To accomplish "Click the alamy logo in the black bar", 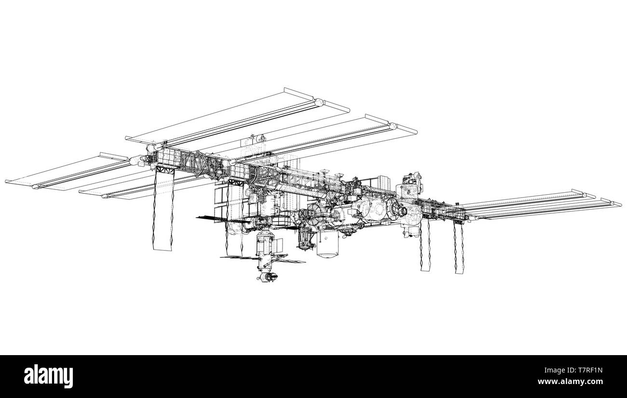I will click(x=48, y=376).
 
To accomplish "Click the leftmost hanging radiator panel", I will click(x=163, y=212).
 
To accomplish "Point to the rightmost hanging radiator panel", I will click(x=458, y=248).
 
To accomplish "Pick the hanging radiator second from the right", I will click(x=425, y=246).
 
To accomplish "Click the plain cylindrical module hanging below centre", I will click(x=327, y=244).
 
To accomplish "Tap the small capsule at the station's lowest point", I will click(x=268, y=277).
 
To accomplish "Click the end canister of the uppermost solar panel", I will click(x=318, y=102).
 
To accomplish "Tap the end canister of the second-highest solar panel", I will click(x=392, y=127).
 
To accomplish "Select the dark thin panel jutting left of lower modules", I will click(x=212, y=218).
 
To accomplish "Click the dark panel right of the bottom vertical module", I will click(x=289, y=261).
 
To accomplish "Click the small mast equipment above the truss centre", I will click(x=260, y=139).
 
